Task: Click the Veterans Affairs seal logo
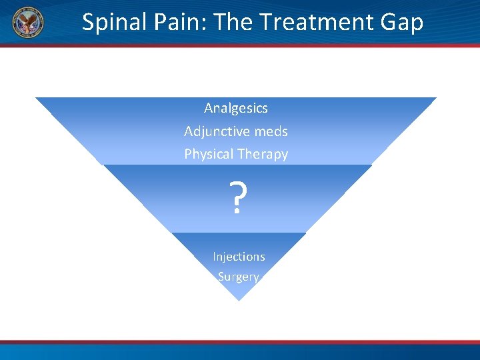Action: point(28,22)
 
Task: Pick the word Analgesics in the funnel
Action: point(236,108)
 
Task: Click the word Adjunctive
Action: point(213,131)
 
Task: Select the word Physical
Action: point(209,155)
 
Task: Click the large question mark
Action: point(237,198)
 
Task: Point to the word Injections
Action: point(239,257)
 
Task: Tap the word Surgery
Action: point(238,277)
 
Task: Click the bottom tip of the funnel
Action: point(238,300)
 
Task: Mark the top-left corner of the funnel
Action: point(37,99)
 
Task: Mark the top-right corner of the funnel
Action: point(435,99)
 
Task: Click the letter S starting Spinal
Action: point(88,23)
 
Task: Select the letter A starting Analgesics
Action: point(209,108)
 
